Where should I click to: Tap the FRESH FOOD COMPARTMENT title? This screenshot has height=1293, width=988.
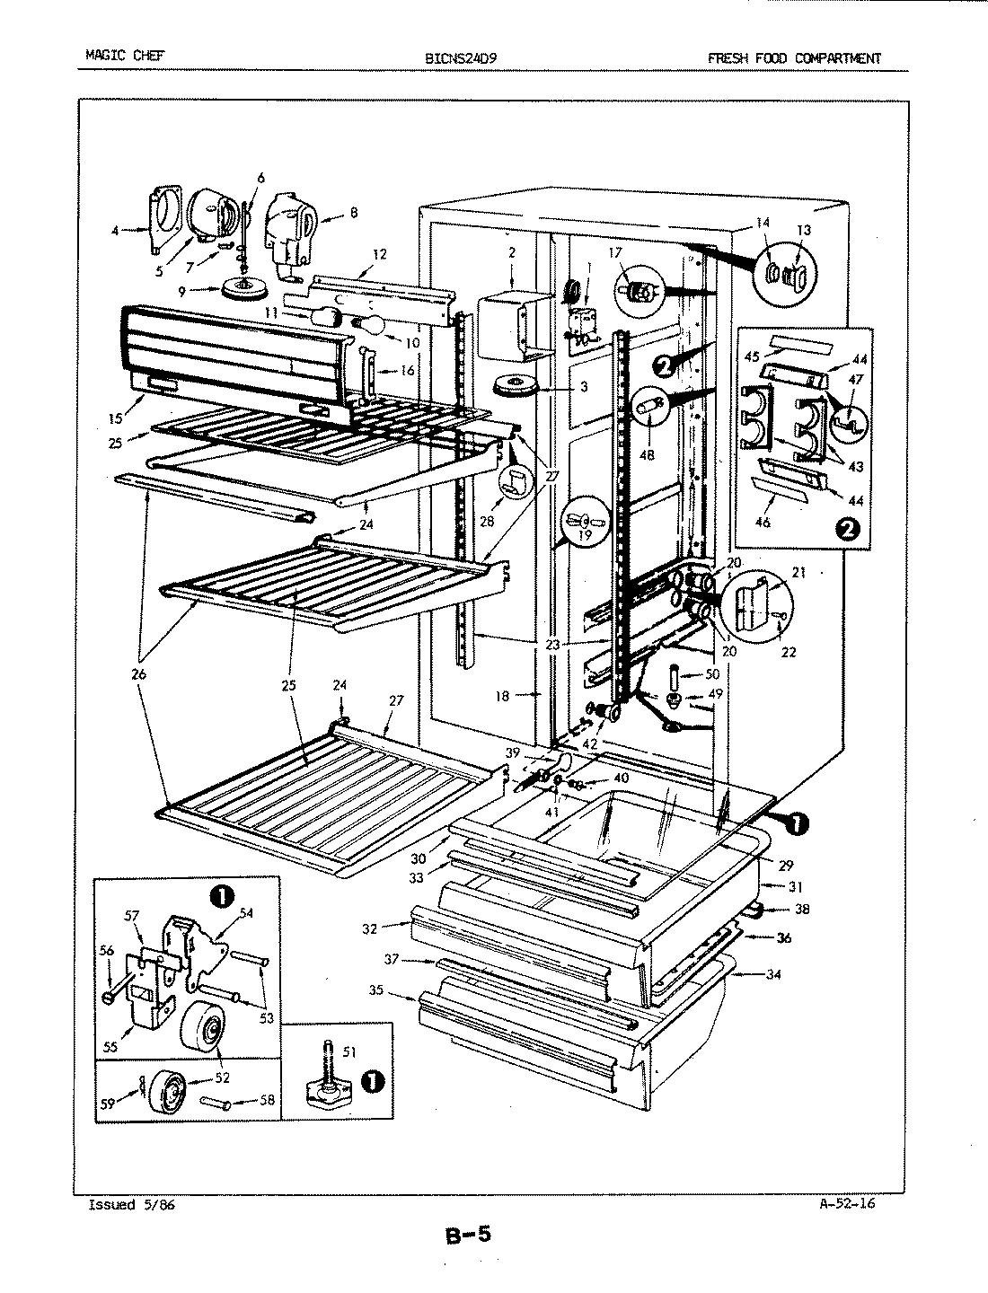(794, 58)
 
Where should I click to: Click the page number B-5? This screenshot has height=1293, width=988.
(468, 1236)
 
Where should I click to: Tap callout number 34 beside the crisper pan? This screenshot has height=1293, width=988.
(774, 973)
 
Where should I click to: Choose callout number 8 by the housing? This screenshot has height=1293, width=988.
(353, 213)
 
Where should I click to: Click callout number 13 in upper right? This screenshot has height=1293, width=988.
(803, 230)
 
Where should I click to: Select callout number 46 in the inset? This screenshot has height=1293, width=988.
(763, 522)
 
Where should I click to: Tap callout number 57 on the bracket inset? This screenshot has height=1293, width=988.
(133, 915)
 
